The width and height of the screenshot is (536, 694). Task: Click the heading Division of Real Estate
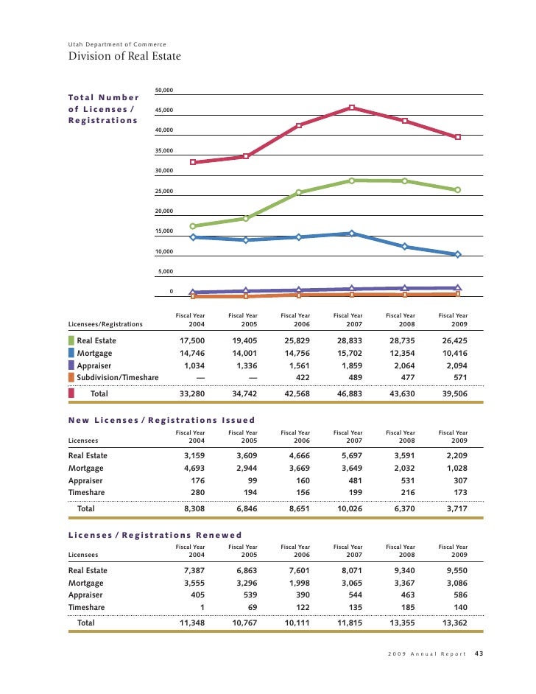click(x=124, y=56)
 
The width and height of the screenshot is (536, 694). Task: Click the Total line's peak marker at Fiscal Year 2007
click(x=352, y=108)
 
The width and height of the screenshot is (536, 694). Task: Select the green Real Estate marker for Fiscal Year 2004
click(x=193, y=226)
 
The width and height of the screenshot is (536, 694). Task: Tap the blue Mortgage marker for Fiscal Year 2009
click(x=458, y=254)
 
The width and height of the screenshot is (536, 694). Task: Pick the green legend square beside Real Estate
click(x=71, y=341)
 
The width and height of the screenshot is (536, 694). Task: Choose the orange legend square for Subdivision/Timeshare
click(x=71, y=377)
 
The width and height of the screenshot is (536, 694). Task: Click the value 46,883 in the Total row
click(x=352, y=394)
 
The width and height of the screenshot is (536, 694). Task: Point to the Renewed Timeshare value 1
click(x=202, y=607)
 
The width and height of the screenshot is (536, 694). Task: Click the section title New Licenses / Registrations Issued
click(x=161, y=420)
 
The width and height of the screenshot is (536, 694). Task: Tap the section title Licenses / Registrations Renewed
click(x=155, y=535)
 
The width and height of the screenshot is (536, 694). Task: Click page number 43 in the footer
click(x=479, y=653)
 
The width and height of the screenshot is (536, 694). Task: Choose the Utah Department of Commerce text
click(x=117, y=45)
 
